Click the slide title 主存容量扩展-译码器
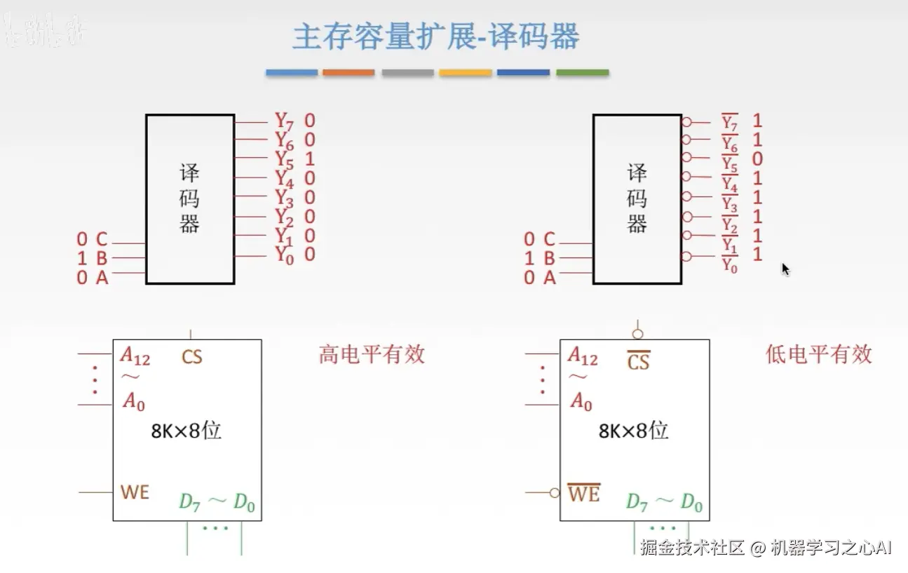coord(435,36)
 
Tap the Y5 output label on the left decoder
coord(284,160)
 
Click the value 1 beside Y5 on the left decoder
coord(310,159)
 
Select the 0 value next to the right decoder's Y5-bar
coord(757,159)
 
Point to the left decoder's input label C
coord(102,240)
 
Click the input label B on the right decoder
coord(549,259)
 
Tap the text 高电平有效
coord(372,354)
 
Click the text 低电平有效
coord(818,354)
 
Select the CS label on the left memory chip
coord(191,357)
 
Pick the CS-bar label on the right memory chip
coord(638,361)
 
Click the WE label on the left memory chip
coord(135,492)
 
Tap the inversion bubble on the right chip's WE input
coord(555,493)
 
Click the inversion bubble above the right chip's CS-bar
coord(637,334)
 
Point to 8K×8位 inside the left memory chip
coord(187,431)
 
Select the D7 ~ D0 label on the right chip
coord(664,502)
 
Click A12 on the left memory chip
coord(135,356)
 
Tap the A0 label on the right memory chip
coord(581,402)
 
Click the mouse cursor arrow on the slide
coord(785,269)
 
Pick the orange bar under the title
coord(348,72)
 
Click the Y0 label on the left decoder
coord(284,256)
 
